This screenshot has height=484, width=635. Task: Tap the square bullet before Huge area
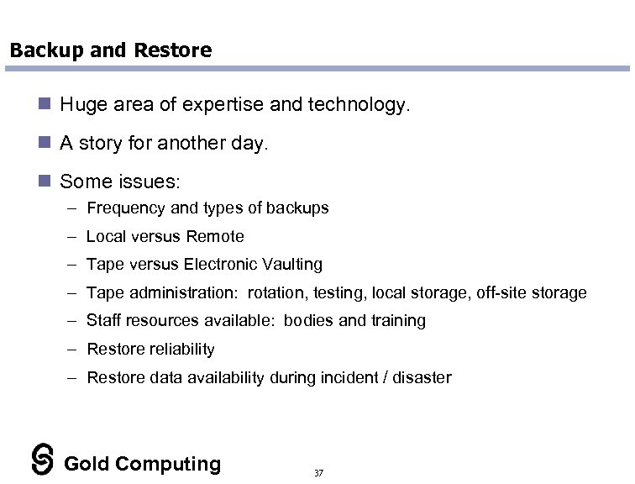pyautogui.click(x=46, y=106)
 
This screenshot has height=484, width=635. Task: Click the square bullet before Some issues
pyautogui.click(x=46, y=181)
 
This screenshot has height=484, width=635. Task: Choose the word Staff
pyautogui.click(x=102, y=320)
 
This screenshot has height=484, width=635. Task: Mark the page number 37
pyautogui.click(x=317, y=473)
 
